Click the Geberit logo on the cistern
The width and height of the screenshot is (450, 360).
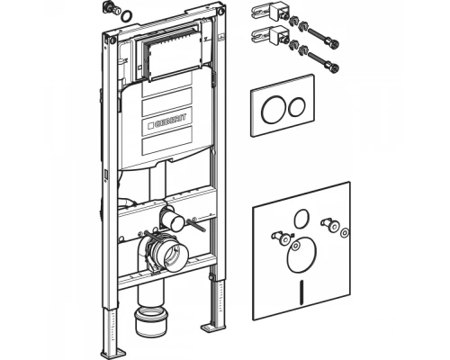click(x=166, y=121)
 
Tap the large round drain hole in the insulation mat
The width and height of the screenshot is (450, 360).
click(x=301, y=256)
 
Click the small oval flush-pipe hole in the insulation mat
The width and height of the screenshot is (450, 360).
click(x=301, y=218)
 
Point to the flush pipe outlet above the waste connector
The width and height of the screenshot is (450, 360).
click(x=174, y=220)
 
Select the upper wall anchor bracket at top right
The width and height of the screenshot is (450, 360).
click(x=267, y=12)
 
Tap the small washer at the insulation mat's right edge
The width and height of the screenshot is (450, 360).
click(x=345, y=232)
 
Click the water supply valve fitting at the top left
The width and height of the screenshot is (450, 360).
click(x=112, y=8)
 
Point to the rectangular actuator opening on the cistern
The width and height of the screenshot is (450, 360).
click(x=168, y=58)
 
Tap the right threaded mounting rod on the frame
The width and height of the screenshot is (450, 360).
click(x=196, y=226)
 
